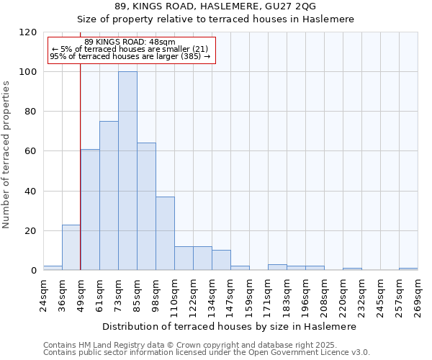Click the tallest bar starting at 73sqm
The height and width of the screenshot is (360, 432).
tap(127, 171)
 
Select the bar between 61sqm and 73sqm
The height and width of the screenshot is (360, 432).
tap(109, 196)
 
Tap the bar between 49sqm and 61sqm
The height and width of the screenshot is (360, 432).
tap(90, 210)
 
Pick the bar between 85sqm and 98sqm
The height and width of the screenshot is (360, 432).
tap(146, 207)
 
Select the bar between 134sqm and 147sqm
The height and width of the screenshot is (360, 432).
tap(221, 260)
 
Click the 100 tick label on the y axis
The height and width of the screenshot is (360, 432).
tap(28, 72)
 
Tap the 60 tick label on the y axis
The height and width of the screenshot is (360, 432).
tap(31, 151)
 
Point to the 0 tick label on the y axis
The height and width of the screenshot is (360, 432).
tap(34, 271)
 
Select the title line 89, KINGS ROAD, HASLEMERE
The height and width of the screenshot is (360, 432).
tap(215, 6)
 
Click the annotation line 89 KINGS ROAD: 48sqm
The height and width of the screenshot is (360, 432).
tap(130, 42)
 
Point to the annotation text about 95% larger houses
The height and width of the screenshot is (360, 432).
tap(130, 56)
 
